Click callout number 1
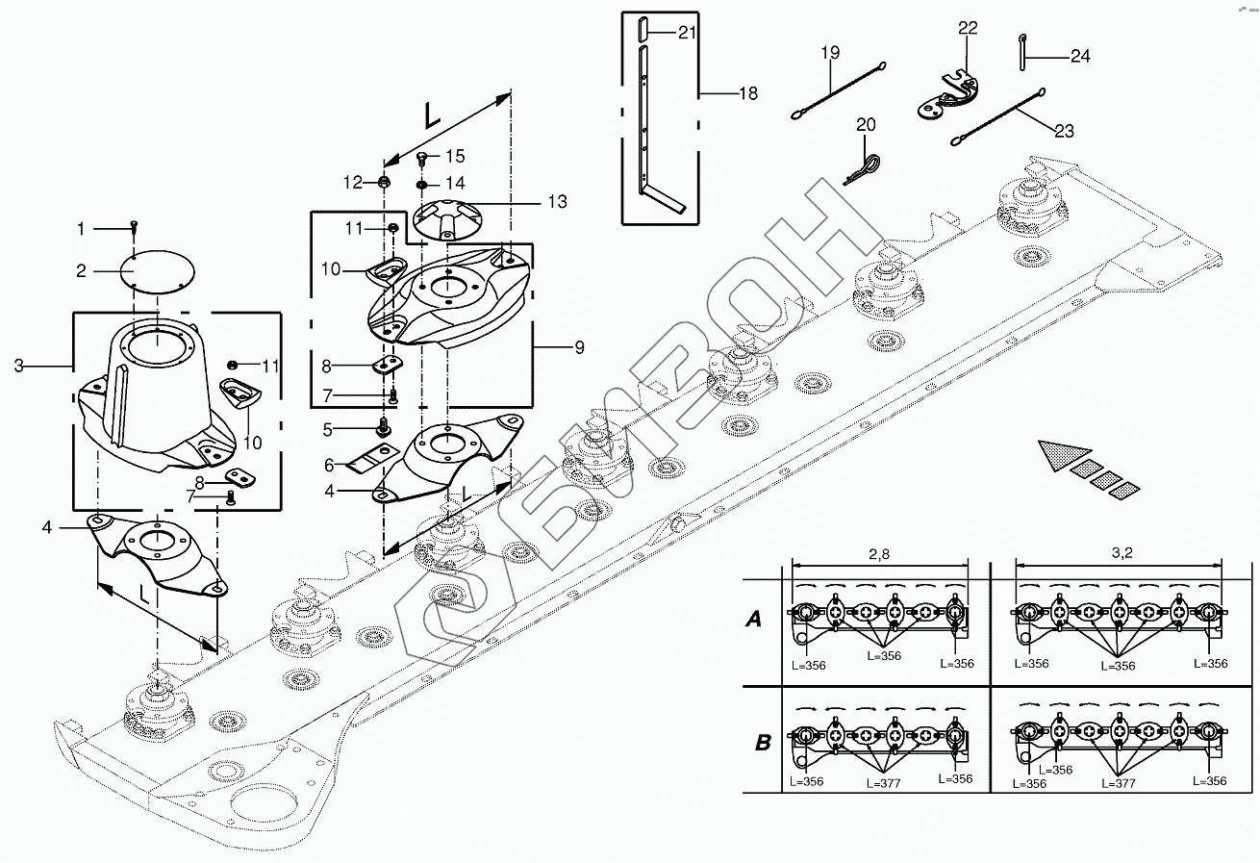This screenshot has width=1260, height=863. click(82, 229)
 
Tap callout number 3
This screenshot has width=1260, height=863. click(19, 366)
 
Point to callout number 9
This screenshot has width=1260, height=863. click(579, 347)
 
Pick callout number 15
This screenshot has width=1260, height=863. click(455, 156)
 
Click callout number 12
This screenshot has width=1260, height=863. click(353, 181)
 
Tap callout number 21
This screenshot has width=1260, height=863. click(687, 32)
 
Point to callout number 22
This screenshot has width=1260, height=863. click(968, 28)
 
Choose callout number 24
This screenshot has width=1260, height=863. click(1080, 57)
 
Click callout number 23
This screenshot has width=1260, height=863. click(1065, 132)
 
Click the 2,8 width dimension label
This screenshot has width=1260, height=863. click(878, 555)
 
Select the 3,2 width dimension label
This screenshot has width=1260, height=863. click(1121, 555)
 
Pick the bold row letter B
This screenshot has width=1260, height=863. click(763, 743)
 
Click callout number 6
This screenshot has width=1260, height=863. click(328, 465)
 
